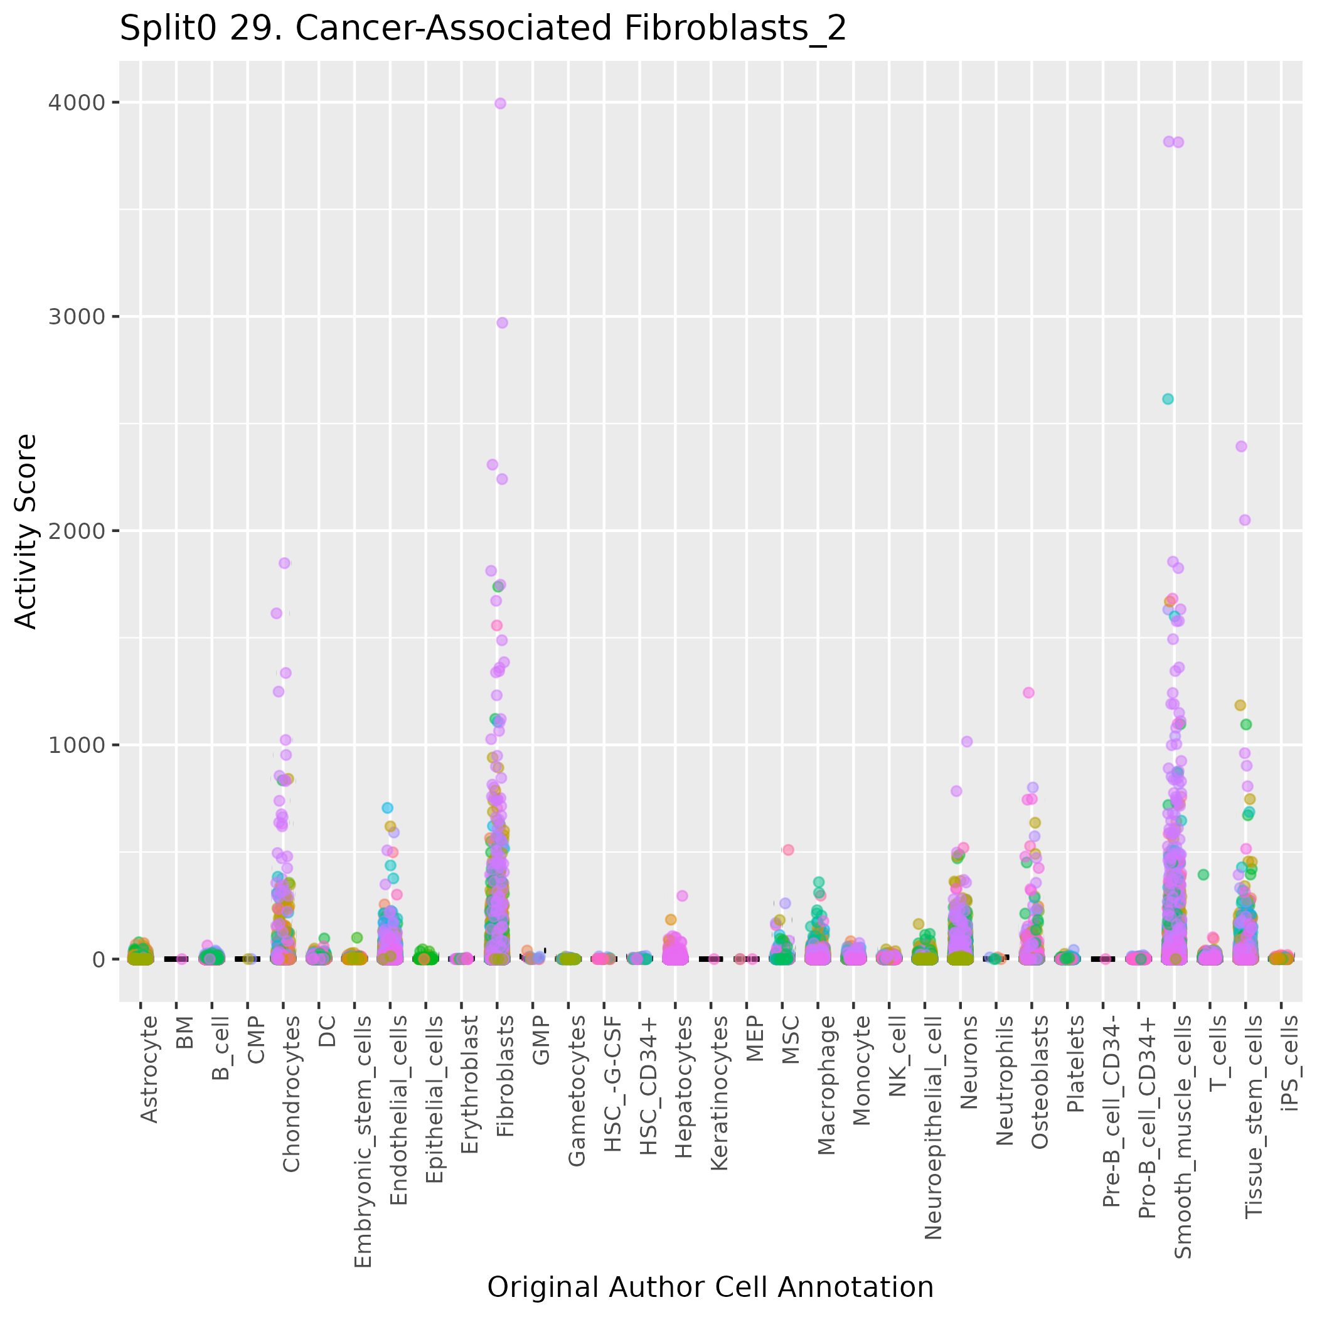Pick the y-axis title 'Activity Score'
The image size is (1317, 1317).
coord(26,531)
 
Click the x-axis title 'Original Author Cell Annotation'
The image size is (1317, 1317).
coord(710,1287)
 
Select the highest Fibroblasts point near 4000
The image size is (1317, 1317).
coord(499,104)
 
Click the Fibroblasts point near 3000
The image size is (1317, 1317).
coord(502,323)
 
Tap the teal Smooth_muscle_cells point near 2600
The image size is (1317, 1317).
coord(1167,399)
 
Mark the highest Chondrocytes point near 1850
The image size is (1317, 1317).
coord(284,563)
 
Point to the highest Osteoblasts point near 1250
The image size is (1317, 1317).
coord(1028,693)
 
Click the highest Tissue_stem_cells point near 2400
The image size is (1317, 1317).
coord(1240,447)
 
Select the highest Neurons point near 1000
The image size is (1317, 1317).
coord(967,742)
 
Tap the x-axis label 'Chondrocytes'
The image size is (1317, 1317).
coord(291,1094)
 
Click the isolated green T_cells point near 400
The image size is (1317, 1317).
coord(1203,875)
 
